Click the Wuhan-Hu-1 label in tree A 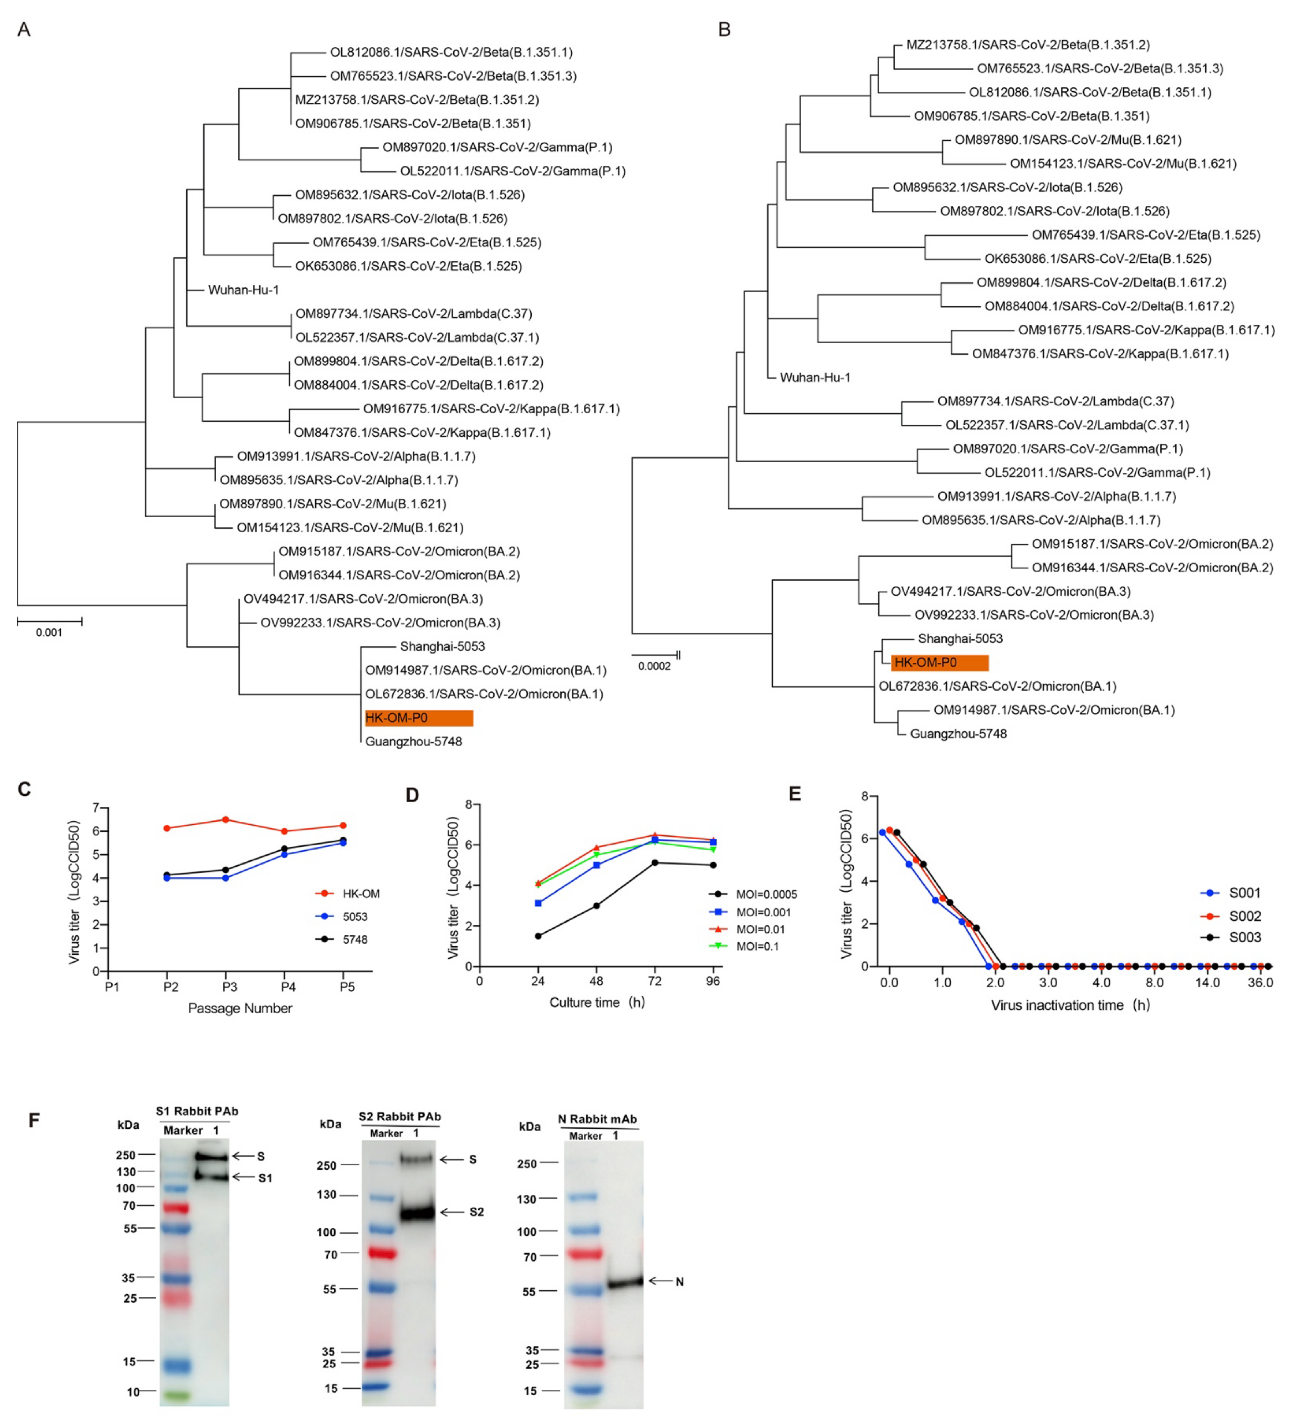pos(243,290)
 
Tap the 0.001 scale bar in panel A pos(49,622)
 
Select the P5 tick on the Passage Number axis pos(347,987)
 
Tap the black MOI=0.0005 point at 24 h pos(538,936)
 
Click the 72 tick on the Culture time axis pos(655,981)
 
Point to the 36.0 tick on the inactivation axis pos(1260,983)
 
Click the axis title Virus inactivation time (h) pos(1070,1005)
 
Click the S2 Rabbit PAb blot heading pos(399,1117)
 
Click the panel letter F pos(34,1120)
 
